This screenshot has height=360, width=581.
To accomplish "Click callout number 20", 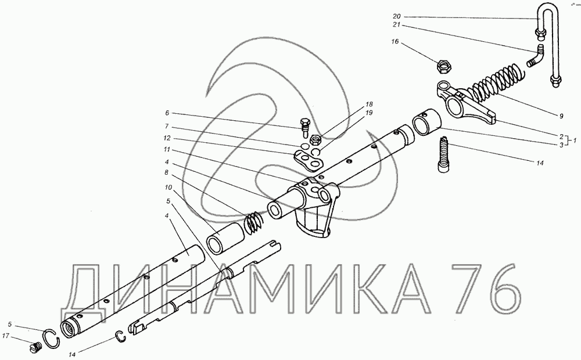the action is click(397, 17).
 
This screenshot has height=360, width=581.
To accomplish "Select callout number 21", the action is click(397, 25).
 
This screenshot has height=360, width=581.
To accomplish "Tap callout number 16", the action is click(395, 41).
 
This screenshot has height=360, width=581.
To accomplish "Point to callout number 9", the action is click(561, 116).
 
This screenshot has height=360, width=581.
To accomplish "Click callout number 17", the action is click(6, 336).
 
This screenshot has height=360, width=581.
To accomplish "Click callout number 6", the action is click(167, 113).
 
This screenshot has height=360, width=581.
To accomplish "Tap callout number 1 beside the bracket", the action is click(575, 141).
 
